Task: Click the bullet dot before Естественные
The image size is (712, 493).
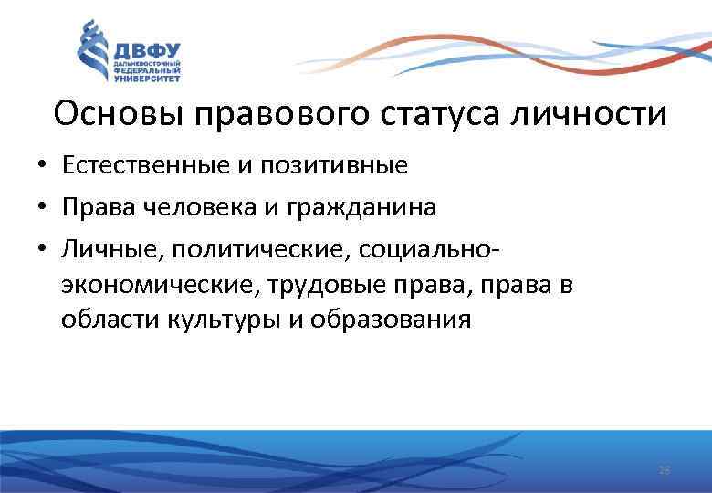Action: (43, 166)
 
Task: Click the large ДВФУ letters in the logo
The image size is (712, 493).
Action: (146, 48)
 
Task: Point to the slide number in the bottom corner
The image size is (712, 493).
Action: (664, 470)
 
